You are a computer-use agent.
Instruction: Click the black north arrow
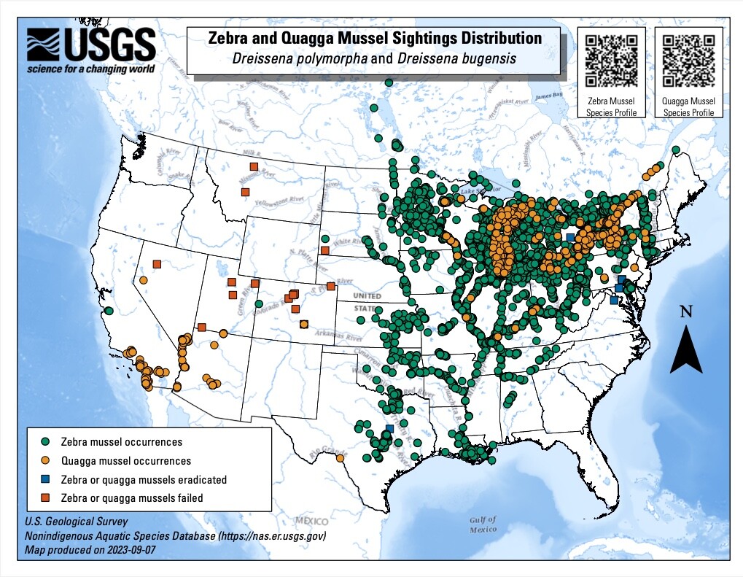685,349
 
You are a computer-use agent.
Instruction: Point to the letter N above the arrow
685,311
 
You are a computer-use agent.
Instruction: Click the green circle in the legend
45,442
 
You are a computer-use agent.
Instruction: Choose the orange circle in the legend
45,461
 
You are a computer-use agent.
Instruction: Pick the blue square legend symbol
45,480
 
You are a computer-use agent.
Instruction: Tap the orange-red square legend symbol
45,498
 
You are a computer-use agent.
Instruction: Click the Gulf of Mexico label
483,524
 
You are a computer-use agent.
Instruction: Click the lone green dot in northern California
109,311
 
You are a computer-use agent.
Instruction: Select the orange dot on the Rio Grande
340,458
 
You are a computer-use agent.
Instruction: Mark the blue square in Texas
389,428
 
